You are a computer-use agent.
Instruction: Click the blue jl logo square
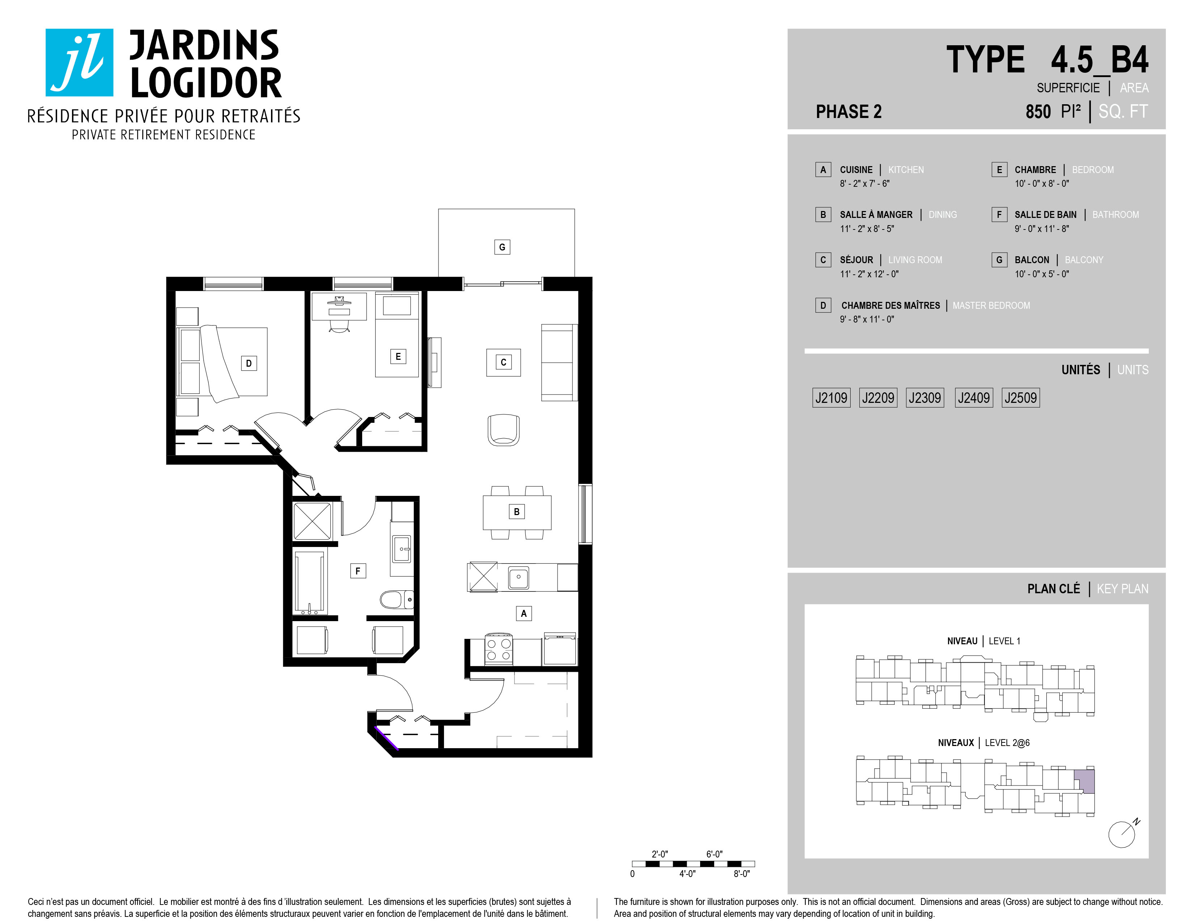[79, 62]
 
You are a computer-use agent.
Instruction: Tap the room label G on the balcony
[502, 247]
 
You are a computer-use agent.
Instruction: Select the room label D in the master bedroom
[249, 363]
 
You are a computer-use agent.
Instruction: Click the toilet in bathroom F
[396, 599]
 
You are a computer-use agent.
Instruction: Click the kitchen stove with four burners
[499, 649]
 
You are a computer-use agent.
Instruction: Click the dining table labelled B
[517, 512]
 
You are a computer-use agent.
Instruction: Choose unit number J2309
[924, 397]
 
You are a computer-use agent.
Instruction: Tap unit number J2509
[1020, 397]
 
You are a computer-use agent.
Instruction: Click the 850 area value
[1038, 111]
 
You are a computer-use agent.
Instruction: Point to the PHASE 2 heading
[848, 111]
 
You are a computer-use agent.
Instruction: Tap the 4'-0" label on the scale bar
[687, 874]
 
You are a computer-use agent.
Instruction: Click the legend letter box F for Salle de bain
[999, 214]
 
